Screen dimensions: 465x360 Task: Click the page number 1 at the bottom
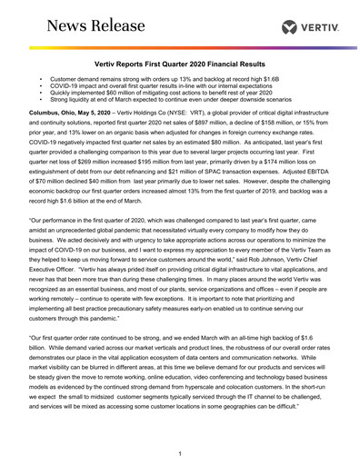point(181,451)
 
